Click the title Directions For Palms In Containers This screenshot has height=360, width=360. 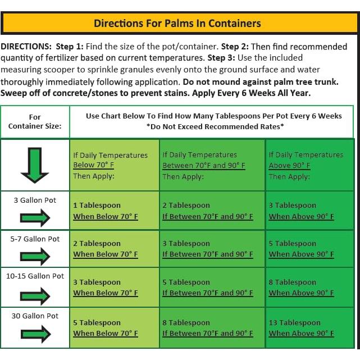tap(177, 23)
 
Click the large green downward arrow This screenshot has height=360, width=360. tap(35, 165)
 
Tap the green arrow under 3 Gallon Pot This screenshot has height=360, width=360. tap(35, 217)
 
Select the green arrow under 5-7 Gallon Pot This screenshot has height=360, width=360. tap(35, 256)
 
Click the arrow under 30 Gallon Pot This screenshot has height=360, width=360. tap(35, 335)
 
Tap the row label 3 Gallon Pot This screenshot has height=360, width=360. tap(35, 200)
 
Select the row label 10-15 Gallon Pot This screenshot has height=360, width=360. tap(35, 276)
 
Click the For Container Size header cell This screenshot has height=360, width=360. tap(35, 121)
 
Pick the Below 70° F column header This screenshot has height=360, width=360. tap(110, 165)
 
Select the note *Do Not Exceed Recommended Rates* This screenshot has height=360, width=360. tap(214, 126)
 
